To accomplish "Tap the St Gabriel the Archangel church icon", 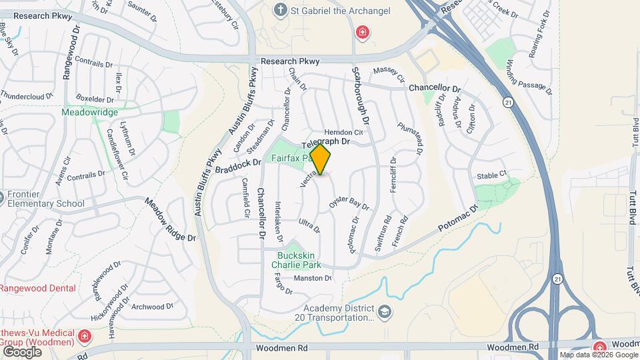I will pyautogui.click(x=281, y=10).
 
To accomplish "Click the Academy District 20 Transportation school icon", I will pyautogui.click(x=384, y=311).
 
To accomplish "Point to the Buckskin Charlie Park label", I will pyautogui.click(x=295, y=259).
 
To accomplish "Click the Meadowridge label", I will pyautogui.click(x=89, y=113).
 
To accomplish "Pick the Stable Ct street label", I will pyautogui.click(x=492, y=175).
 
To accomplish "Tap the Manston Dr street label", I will pyautogui.click(x=313, y=278).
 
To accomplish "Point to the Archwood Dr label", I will pyautogui.click(x=152, y=307).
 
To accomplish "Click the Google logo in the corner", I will pyautogui.click(x=21, y=351).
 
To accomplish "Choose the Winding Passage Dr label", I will pyautogui.click(x=529, y=78).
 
